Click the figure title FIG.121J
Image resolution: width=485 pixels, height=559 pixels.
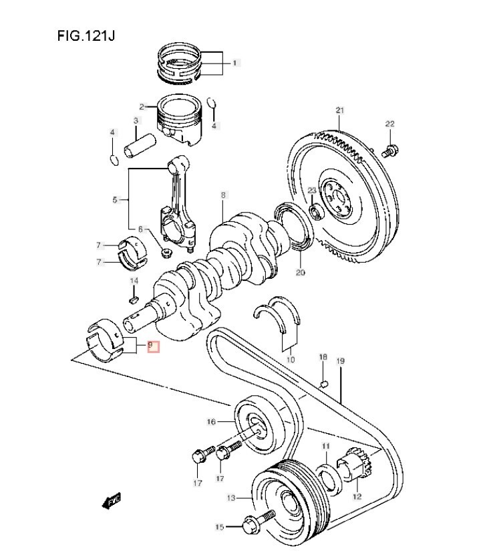[x=86, y=35]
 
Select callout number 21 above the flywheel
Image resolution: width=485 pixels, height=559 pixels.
[x=339, y=110]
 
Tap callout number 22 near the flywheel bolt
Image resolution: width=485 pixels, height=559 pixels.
[x=389, y=124]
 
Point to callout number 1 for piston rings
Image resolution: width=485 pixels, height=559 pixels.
[x=234, y=63]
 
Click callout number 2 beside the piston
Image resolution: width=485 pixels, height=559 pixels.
[x=142, y=106]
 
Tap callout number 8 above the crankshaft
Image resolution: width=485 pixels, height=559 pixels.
[x=224, y=195]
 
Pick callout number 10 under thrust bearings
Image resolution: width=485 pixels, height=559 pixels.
[x=290, y=360]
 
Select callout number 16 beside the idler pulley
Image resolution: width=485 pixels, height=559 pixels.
[x=210, y=422]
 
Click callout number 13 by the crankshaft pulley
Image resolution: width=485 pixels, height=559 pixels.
[x=231, y=497]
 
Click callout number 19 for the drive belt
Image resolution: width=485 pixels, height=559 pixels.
[x=340, y=361]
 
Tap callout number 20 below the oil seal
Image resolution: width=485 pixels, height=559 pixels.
[x=300, y=272]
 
